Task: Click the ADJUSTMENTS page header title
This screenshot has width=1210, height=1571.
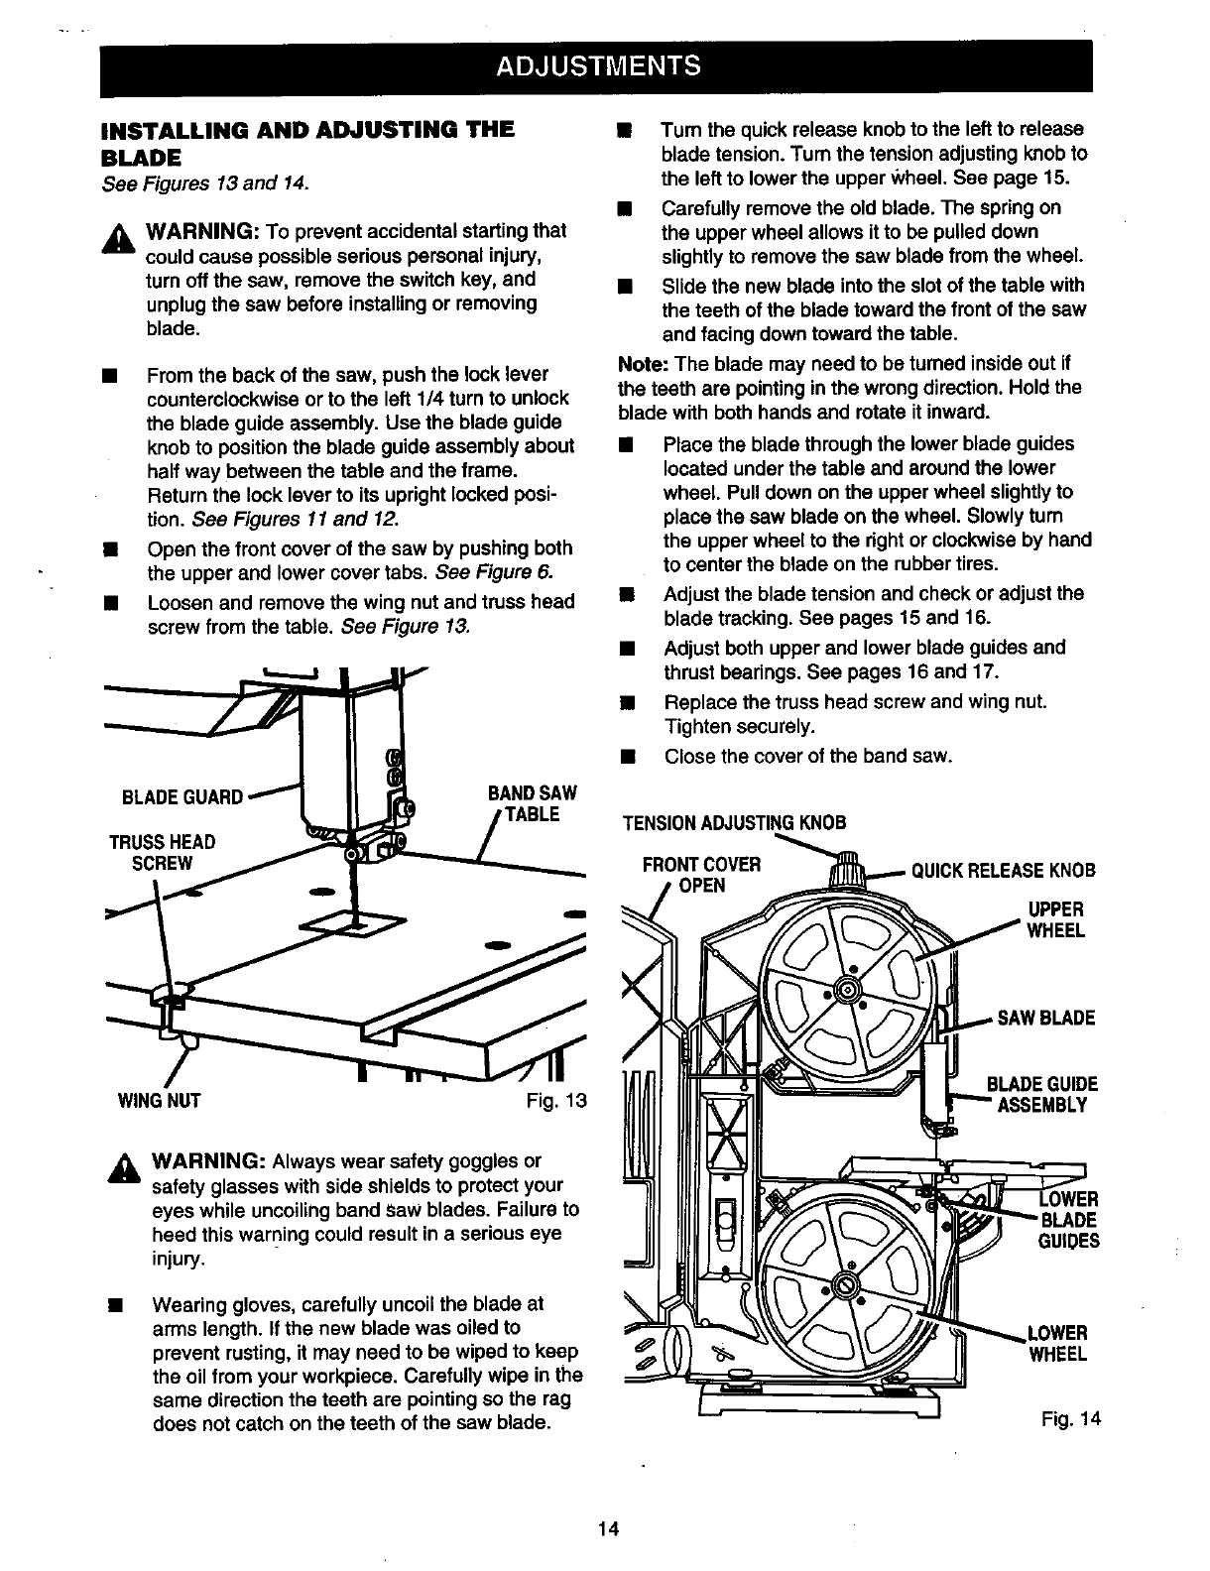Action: (x=598, y=66)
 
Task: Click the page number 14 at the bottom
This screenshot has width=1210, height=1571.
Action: (x=608, y=1528)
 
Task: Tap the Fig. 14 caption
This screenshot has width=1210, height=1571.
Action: (x=1071, y=1419)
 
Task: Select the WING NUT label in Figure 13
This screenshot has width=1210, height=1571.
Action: (x=159, y=1100)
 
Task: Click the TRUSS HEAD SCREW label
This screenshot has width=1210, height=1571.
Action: (x=162, y=852)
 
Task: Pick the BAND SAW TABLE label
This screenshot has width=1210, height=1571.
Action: (x=532, y=804)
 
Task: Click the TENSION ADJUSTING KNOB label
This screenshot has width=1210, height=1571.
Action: (x=734, y=823)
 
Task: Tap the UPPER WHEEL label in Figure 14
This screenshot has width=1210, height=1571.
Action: (x=1055, y=920)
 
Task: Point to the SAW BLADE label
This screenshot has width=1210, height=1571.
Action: (x=1045, y=1018)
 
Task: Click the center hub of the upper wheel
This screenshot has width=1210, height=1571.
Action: (x=846, y=990)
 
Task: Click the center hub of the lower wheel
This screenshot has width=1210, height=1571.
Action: (x=845, y=1287)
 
